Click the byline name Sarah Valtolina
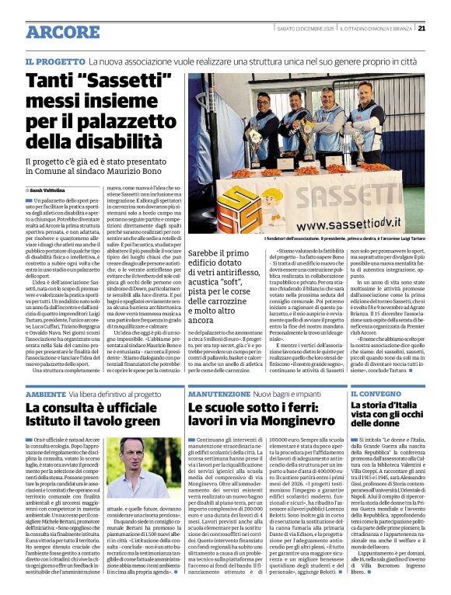(48, 189)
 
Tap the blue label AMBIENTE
(46, 395)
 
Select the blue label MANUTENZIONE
(219, 395)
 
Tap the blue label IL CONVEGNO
(372, 395)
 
